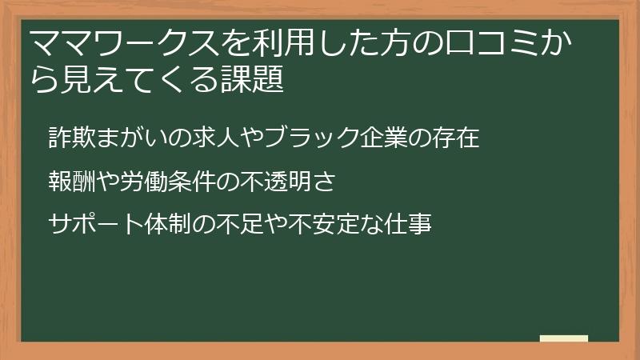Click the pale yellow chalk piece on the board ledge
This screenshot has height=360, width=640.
tap(564, 338)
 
